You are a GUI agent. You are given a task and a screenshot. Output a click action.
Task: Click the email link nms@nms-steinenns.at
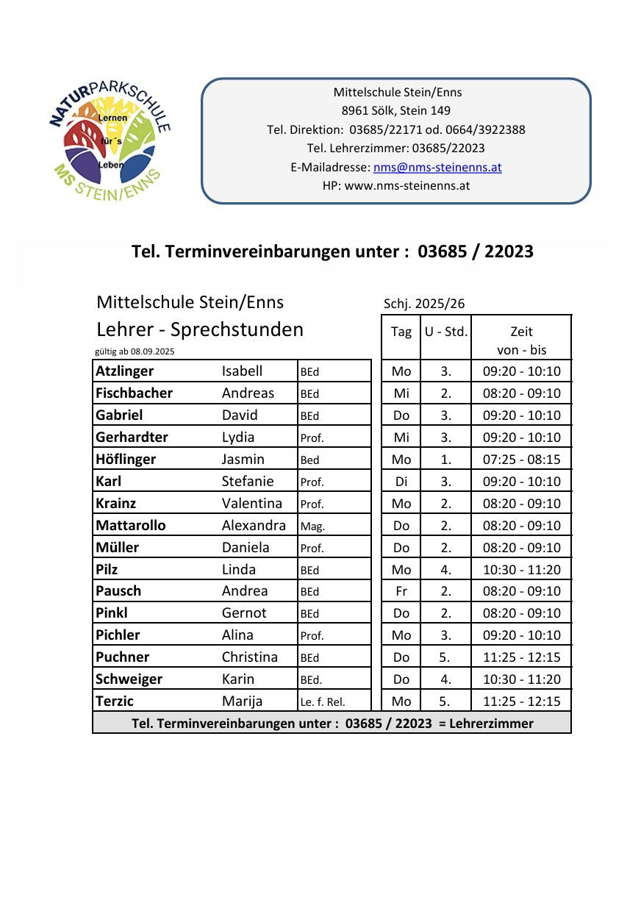437,167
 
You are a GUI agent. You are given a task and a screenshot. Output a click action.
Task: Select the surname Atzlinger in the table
125,371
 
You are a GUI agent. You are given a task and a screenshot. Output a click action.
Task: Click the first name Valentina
252,504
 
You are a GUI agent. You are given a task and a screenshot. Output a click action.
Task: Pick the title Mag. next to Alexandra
312,526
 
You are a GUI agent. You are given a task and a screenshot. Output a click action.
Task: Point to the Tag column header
401,332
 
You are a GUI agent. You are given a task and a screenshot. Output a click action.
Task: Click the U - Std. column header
445,332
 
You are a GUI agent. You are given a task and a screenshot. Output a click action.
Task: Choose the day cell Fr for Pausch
401,591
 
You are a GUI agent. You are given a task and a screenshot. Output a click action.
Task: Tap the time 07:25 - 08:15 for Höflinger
521,460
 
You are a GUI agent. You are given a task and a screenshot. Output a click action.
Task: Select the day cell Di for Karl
401,482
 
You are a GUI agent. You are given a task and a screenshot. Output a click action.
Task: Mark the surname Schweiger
129,679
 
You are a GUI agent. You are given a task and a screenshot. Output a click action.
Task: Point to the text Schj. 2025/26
424,304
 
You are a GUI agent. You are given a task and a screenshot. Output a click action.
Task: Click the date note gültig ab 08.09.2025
135,351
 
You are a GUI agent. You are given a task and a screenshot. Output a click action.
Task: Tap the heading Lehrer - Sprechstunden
200,329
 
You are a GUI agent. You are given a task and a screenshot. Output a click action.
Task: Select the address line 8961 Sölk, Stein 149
396,111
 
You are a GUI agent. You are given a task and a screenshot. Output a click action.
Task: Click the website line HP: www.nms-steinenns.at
396,185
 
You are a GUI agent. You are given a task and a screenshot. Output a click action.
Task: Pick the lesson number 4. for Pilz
445,570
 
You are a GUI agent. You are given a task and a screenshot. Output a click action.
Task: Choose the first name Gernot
244,613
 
